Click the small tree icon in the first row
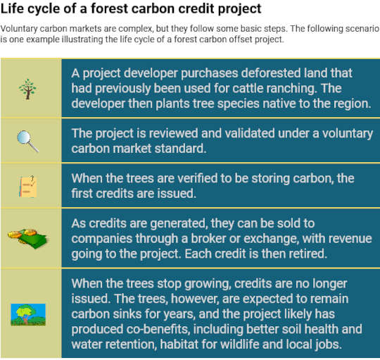29,88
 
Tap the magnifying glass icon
28,139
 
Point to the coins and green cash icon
27,237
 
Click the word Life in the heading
13,10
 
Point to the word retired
323,254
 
